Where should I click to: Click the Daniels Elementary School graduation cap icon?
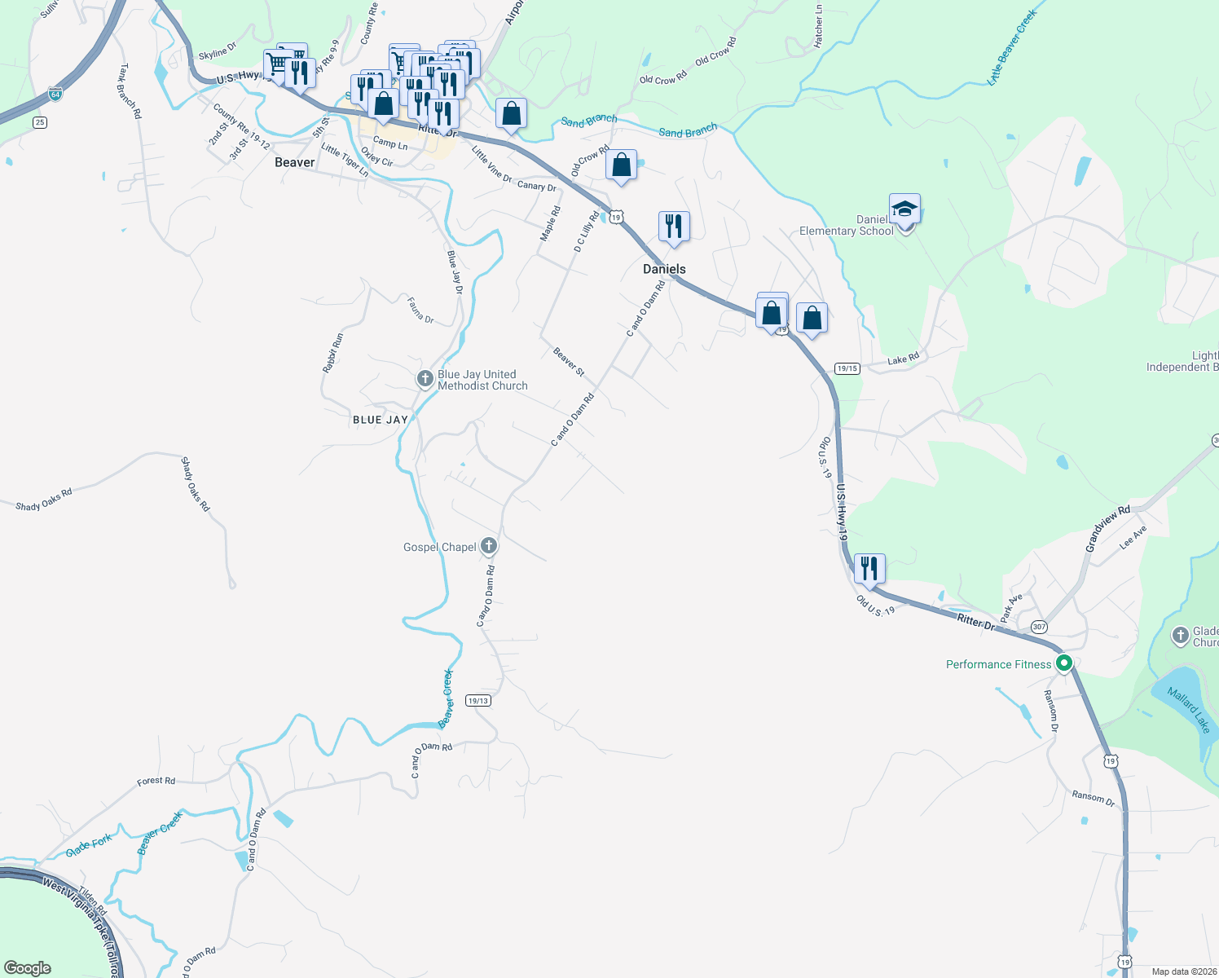point(904,210)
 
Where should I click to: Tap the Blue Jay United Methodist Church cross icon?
point(425,379)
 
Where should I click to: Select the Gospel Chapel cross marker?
point(488,546)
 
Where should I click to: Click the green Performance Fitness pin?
point(1063,663)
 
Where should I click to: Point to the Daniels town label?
point(664,269)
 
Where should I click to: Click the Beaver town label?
point(294,162)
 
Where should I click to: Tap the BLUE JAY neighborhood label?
point(380,420)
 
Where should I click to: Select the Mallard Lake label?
point(1189,709)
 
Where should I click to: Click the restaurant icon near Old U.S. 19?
point(869,569)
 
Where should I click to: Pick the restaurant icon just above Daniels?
point(674,226)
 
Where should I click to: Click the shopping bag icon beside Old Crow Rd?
point(621,165)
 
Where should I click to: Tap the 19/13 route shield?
point(478,701)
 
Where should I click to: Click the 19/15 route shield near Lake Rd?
point(847,368)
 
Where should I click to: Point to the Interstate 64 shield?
point(55,94)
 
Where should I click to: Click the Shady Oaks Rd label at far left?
point(44,500)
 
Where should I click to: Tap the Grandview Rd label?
point(1107,529)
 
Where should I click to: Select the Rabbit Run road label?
point(332,353)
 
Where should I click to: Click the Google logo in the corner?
point(28,968)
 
